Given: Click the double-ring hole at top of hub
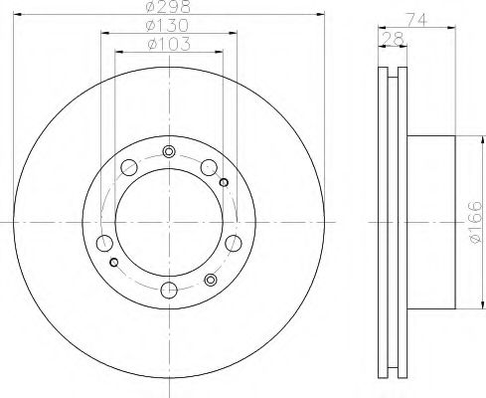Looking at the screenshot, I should click(169, 151).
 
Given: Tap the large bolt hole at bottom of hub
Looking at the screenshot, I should click(169, 290).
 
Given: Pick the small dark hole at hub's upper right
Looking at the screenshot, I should click(224, 180).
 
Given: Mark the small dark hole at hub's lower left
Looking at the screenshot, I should click(114, 262).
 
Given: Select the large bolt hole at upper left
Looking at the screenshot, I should click(128, 167).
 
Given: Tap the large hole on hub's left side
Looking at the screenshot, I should click(103, 242).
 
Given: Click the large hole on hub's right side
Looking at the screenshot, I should click(235, 242).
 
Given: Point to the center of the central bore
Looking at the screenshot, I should click(169, 220).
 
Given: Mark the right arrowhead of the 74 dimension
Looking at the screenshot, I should click(454, 25).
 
